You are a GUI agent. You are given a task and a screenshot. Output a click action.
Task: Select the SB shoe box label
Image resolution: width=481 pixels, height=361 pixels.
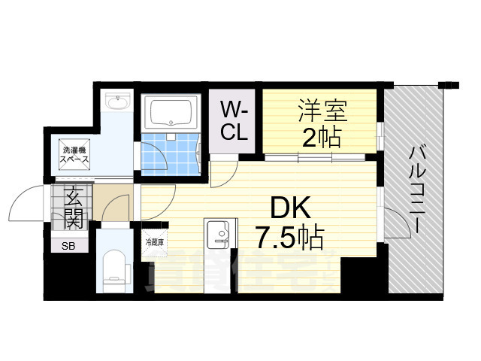[x=68, y=245]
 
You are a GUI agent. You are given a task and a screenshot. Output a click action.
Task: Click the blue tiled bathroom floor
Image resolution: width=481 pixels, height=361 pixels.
[x=170, y=153]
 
